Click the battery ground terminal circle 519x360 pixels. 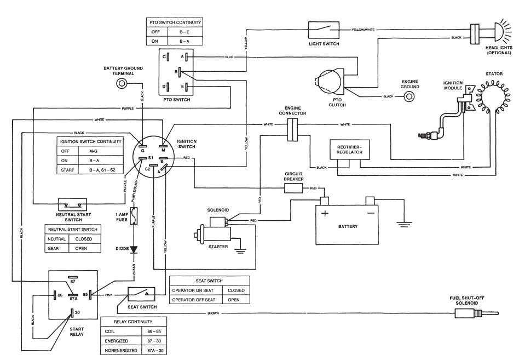click(x=123, y=84)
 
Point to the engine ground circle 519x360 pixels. click(x=408, y=96)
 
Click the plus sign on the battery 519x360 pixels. click(x=325, y=213)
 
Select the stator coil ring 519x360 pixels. click(x=490, y=99)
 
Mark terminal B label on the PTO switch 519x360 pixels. click(x=176, y=72)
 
